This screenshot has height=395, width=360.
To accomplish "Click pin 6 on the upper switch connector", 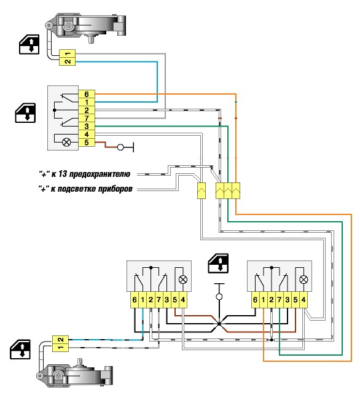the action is pos(87,94).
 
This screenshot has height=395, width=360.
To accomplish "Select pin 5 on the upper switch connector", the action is pos(87,143).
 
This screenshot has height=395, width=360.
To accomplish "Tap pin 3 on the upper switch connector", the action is pos(87,126).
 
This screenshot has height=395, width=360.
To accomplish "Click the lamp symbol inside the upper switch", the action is pos(66,143).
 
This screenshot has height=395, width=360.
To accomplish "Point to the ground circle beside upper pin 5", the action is pos(120,147).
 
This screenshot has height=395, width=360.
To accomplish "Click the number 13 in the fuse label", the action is pos(62,174).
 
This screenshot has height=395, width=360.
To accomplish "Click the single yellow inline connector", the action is pos(202,190).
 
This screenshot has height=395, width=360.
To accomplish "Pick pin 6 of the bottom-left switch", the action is pos(135,300).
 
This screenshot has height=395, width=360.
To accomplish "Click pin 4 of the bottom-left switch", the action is pos(183,300).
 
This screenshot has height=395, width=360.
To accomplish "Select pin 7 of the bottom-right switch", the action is pos(280,300).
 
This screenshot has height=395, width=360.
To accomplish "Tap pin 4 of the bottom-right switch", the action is pos(303,300).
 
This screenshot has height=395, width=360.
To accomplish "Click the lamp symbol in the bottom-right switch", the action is pos(303,280).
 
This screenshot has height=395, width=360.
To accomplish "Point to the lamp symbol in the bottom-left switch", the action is pos(183,280).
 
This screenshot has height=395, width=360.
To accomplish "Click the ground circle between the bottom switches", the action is pos(219,297).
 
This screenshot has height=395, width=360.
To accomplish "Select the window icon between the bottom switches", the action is pos(218,264).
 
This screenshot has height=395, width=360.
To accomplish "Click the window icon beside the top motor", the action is pos(29,44).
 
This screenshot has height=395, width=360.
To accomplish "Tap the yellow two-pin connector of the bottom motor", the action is pos(60,343).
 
